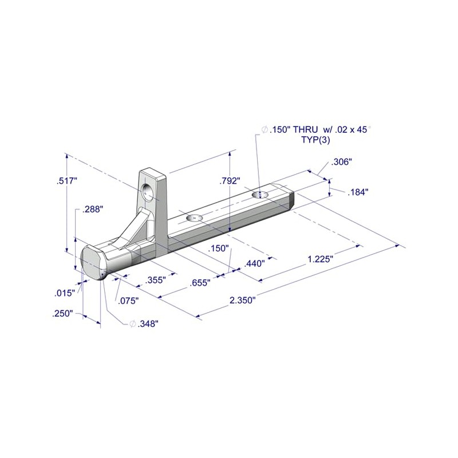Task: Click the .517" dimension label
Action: coord(67,181)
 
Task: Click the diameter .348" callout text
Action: coord(144,323)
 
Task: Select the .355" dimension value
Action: coord(155,280)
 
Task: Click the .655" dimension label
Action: coord(200,282)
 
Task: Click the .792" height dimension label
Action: coord(230,181)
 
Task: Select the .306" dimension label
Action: coord(341,162)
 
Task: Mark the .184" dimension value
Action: coord(357,192)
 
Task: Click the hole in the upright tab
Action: coord(149,192)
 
